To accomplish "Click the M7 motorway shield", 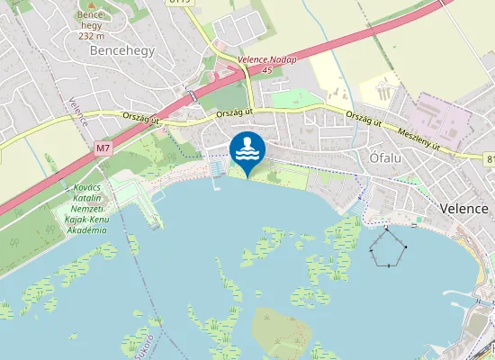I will click(x=102, y=147).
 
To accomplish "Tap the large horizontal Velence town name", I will click(x=464, y=208).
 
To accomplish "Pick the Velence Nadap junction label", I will click(x=266, y=59).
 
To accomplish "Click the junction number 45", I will click(x=266, y=70).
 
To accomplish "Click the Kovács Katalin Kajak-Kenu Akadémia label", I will click(x=86, y=208).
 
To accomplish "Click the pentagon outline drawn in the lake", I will click(x=388, y=247).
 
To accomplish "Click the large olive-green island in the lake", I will click(x=281, y=332).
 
